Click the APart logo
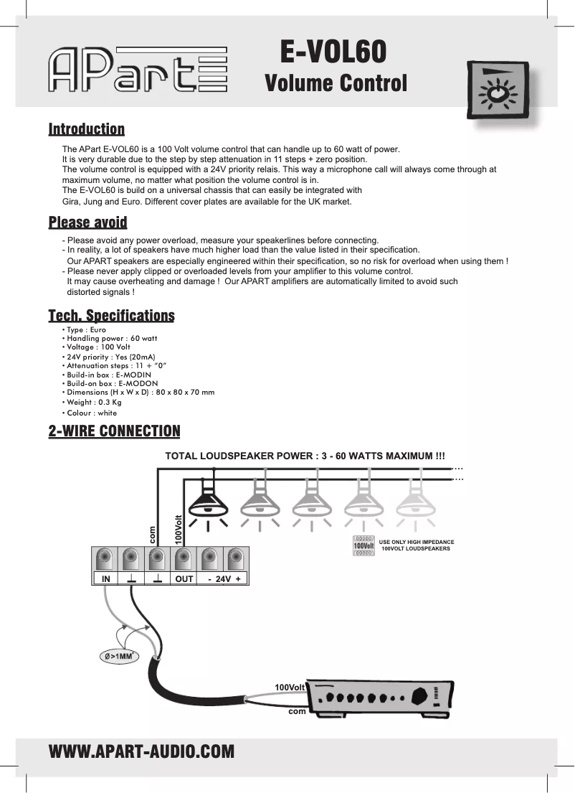click(138, 70)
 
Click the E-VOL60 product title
click(333, 51)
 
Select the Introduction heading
click(86, 129)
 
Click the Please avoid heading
click(87, 222)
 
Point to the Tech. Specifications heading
click(111, 316)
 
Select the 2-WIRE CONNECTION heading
click(114, 431)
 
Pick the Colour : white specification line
click(90, 413)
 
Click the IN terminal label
click(105, 578)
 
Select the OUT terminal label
click(184, 578)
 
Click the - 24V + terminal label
click(223, 578)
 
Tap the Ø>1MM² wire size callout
click(118, 656)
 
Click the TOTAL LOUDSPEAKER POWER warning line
click(305, 456)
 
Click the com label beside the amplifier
click(297, 712)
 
